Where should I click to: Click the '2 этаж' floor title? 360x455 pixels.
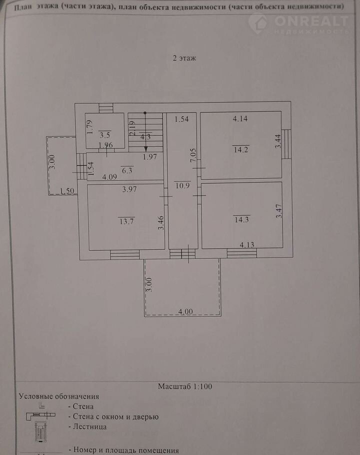coord(184,58)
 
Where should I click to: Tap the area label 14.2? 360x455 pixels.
coord(241,149)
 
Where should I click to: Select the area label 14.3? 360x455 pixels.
coord(241,219)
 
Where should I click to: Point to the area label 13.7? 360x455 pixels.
coord(126,221)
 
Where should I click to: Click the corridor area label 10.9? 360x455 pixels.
coord(182,185)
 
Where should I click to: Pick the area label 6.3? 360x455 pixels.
coord(127,170)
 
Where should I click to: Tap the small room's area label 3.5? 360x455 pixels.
coord(104,135)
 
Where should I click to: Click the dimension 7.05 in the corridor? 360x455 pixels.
coord(193,155)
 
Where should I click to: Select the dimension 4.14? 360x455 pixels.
coord(240,118)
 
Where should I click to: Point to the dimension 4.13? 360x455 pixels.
coord(247,244)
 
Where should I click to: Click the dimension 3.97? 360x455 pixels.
coord(129,189)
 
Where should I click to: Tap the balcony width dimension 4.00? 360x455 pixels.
coord(185,311)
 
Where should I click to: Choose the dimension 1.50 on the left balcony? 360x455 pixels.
coord(67,190)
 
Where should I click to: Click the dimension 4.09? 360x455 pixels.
coord(109,176)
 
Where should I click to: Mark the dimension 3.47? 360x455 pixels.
coord(278,211)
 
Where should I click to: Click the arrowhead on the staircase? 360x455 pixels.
coord(145,149)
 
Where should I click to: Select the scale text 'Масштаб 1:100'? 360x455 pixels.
coord(185,386)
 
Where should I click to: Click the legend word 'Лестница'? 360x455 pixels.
coord(89,426)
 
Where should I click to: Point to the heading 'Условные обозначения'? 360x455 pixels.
coord(59,396)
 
